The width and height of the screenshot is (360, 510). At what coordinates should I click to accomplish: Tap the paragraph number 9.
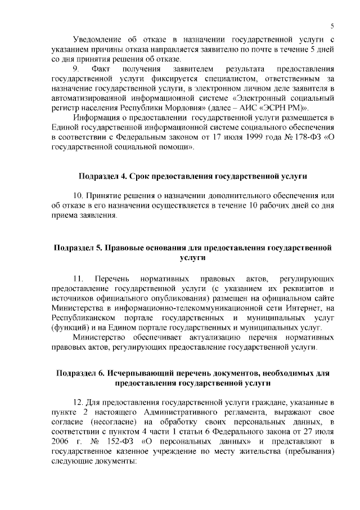(x=78, y=69)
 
